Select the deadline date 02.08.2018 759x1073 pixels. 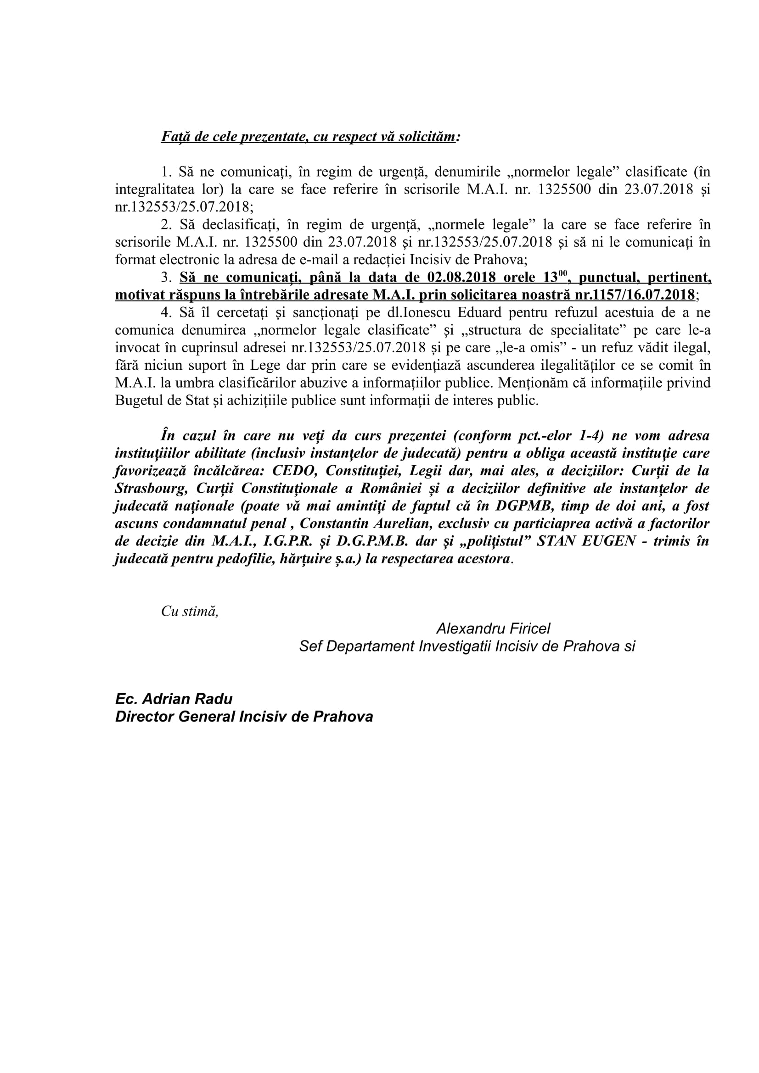click(x=461, y=278)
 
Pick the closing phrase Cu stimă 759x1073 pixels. click(x=189, y=611)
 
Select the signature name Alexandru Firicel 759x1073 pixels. click(x=494, y=628)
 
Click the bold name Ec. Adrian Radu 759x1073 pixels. click(x=174, y=699)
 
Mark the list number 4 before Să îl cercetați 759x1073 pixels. click(x=164, y=313)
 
